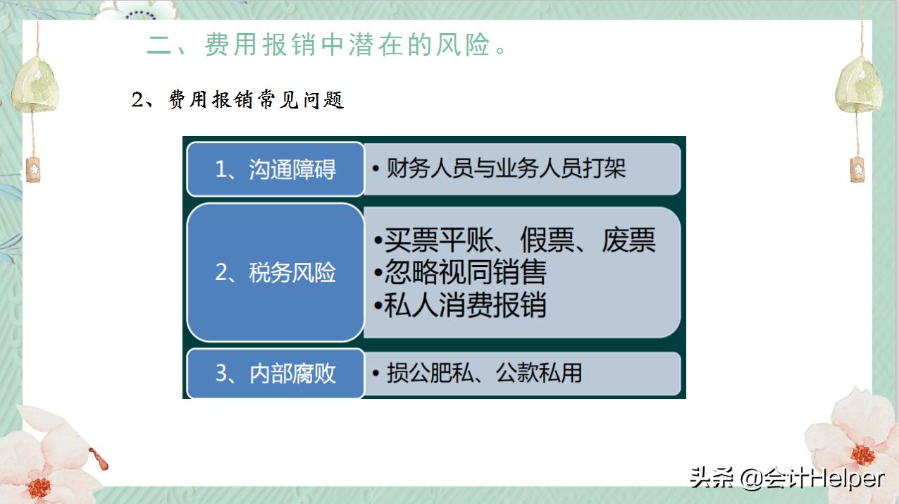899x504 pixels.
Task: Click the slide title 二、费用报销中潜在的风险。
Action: click(327, 45)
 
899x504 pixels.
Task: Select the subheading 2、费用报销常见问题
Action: click(237, 100)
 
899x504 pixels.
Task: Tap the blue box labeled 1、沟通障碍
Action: click(275, 169)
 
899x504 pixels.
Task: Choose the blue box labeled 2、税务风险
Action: click(275, 272)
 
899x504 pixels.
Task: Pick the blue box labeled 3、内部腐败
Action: click(275, 373)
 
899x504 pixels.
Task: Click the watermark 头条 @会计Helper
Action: click(786, 477)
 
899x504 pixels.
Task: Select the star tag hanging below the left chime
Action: click(32, 170)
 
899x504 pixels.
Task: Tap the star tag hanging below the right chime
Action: click(857, 170)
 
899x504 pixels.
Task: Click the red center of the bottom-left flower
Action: click(39, 486)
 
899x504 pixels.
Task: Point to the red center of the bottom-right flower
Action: click(862, 455)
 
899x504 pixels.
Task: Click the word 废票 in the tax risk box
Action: click(628, 240)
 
